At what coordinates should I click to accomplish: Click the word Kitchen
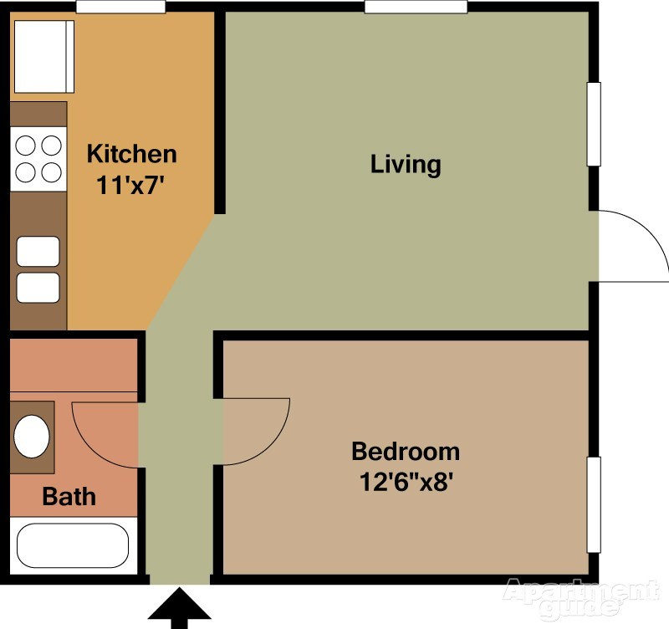coord(132,154)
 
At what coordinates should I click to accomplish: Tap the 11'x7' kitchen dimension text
coord(132,185)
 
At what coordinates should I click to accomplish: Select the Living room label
coord(406,163)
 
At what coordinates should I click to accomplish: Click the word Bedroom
coord(406,452)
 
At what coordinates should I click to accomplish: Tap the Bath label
coord(69,497)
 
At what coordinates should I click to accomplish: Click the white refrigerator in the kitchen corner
coord(44,57)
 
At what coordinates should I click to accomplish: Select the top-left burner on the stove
coord(27,145)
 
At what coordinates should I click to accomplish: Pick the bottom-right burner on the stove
coord(52,172)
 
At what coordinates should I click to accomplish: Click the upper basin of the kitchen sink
coord(38,251)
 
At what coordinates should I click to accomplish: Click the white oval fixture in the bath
coord(33,436)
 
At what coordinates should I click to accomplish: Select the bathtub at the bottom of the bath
coord(73,545)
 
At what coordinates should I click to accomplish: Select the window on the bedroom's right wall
coord(594,504)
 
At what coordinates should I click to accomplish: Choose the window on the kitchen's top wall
coord(120,7)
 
